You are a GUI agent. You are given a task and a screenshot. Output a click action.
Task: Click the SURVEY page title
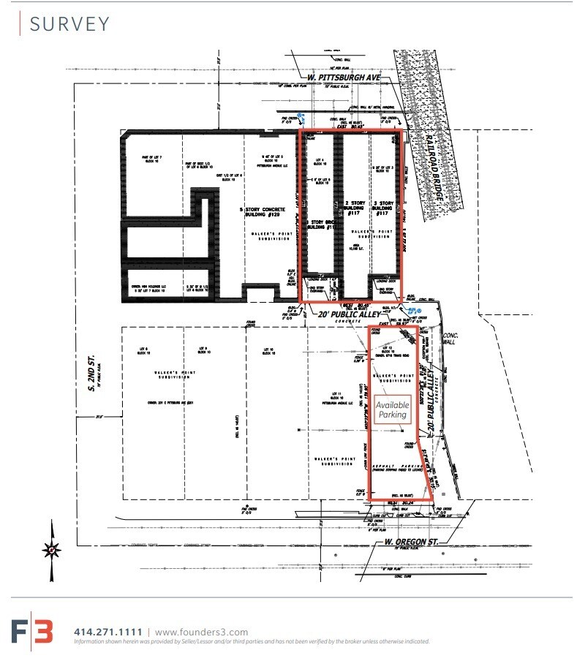tap(69, 23)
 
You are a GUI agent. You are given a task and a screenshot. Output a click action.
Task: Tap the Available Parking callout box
tap(392, 409)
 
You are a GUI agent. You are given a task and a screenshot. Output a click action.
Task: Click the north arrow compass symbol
tap(50, 548)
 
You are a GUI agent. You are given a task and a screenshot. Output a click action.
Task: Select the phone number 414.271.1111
tap(108, 632)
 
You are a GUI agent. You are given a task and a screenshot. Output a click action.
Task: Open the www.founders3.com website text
tap(201, 632)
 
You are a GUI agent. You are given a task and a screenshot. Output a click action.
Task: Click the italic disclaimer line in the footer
tap(252, 641)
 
